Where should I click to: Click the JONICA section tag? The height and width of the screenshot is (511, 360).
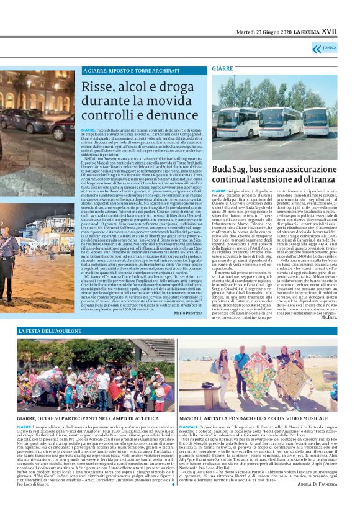(347, 48)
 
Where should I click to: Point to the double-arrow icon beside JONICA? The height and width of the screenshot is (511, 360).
(333, 48)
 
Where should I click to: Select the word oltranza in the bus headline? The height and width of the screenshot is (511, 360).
(315, 181)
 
